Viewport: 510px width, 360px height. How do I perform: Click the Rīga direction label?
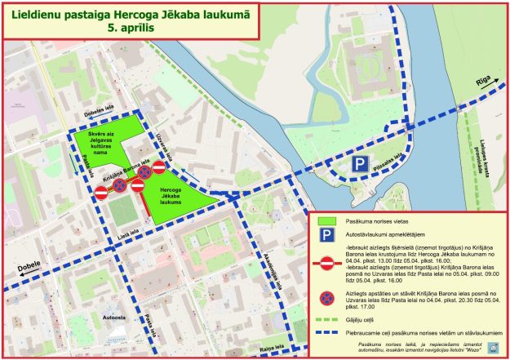point(483,82)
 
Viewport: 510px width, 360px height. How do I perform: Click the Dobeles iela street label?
point(99,113)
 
